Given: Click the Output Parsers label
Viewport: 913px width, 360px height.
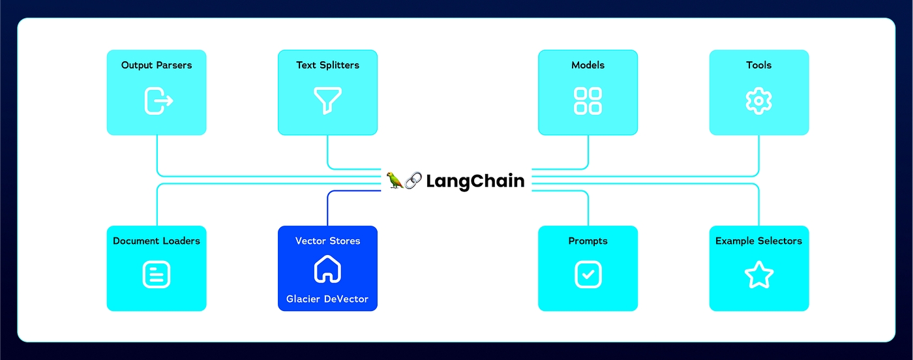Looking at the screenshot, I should click(157, 65).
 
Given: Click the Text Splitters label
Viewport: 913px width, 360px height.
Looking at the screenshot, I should click(327, 65).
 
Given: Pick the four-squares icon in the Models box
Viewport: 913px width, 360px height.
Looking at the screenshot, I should click(588, 101).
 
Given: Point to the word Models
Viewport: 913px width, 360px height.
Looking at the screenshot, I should click(588, 65).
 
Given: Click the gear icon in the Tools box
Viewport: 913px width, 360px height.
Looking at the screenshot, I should click(758, 101).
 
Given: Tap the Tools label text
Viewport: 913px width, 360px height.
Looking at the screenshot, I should click(758, 65).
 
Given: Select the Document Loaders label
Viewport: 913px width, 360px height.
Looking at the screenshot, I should click(157, 241).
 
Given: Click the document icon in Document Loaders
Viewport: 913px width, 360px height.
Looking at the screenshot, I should click(157, 275).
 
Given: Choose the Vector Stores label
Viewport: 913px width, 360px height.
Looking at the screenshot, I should click(327, 241).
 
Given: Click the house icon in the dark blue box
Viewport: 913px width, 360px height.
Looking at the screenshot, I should click(327, 269).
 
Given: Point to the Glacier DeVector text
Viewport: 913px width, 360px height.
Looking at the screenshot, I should click(327, 299).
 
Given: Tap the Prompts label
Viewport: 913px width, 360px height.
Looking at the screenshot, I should click(588, 241).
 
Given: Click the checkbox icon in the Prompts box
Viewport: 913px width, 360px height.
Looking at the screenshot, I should click(588, 275).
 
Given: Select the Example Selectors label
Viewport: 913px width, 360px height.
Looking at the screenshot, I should click(758, 241).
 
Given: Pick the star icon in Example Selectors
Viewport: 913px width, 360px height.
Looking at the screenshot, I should click(758, 275).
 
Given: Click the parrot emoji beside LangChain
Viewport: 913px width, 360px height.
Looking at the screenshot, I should click(395, 181).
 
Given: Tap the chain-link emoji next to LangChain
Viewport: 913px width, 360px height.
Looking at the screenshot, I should click(413, 181).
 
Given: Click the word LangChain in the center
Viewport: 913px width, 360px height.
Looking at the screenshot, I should click(475, 181).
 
